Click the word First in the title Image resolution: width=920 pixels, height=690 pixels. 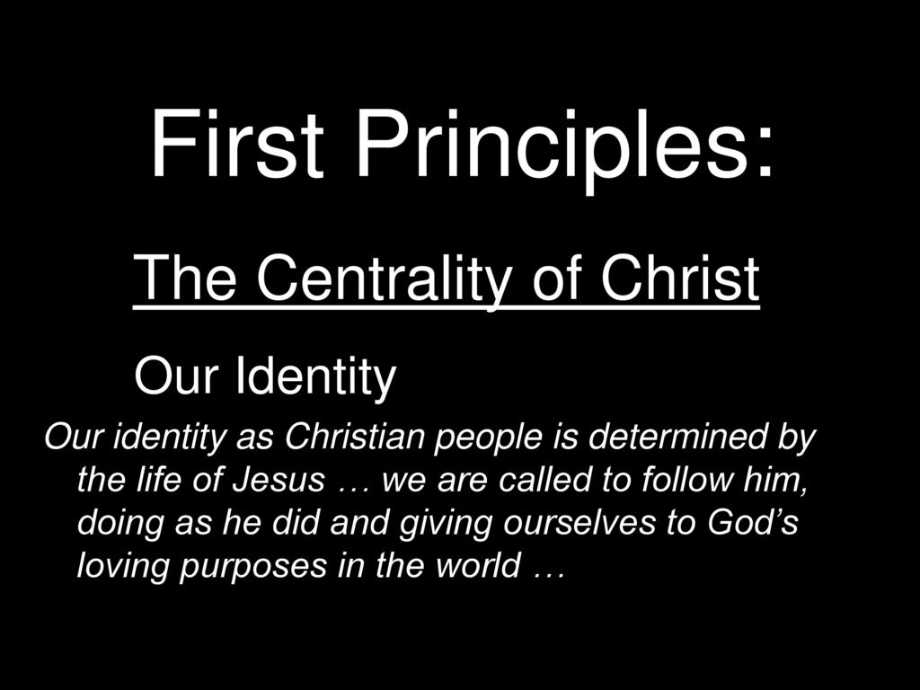pos(237,144)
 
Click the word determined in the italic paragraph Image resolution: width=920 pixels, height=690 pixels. pos(677,437)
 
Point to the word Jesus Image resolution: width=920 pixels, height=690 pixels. pos(279,480)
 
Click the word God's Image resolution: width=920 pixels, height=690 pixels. pos(752,522)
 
